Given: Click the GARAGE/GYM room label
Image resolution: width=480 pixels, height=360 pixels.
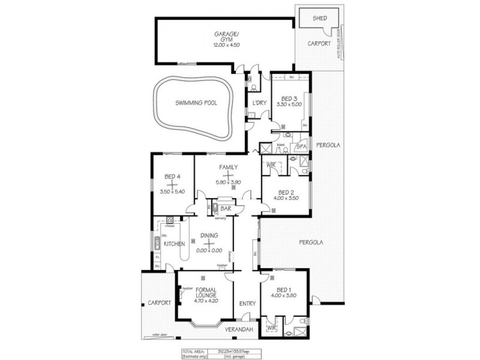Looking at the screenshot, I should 225,37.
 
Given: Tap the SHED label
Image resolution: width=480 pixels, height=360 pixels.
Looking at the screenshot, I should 320,19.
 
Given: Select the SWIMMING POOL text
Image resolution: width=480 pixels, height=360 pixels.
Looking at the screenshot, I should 196,103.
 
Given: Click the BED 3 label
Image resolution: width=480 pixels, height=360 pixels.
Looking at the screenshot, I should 289,98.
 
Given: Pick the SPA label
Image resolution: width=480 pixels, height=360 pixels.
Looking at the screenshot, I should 302,146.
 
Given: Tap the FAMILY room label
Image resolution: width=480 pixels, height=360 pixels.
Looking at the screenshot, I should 228,167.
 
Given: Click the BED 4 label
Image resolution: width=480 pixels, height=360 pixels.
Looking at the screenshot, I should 172,176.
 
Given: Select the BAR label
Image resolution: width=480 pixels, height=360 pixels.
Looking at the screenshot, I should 226,208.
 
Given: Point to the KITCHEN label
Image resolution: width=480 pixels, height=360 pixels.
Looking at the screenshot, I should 173,244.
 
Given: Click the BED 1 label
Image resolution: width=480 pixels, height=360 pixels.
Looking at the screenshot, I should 284,289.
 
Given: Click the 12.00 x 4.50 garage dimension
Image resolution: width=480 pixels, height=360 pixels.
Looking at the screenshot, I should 225,46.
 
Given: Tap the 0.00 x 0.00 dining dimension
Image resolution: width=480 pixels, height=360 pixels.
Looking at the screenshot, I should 209,250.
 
